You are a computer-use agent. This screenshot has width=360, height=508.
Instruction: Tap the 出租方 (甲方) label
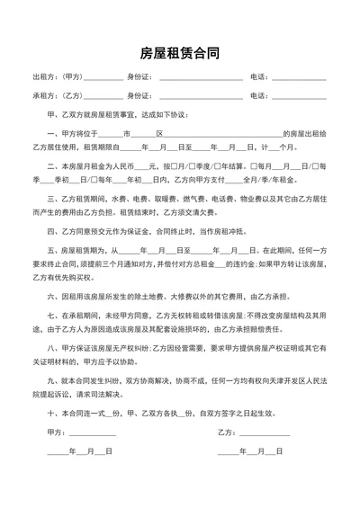[55, 78]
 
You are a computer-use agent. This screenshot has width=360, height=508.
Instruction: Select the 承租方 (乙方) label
[55, 95]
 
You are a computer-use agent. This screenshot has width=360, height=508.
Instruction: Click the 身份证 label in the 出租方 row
[139, 78]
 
